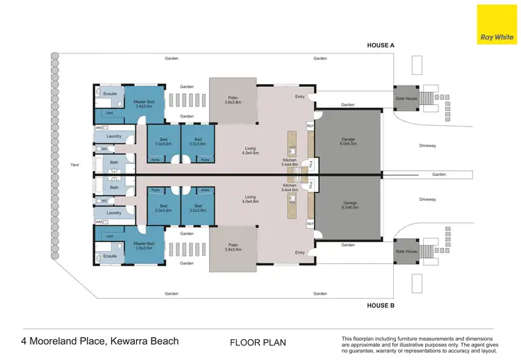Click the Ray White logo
[x=496, y=24]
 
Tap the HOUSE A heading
[x=381, y=45]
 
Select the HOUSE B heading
[x=381, y=304]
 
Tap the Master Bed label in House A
[x=144, y=104]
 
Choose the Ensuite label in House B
[x=110, y=256]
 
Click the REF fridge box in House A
[x=310, y=126]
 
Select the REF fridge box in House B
[x=310, y=223]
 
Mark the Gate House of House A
[x=405, y=98]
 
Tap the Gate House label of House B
[x=405, y=251]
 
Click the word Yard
[x=75, y=165]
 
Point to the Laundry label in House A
[x=114, y=136]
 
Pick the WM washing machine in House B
[x=99, y=222]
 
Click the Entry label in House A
[x=299, y=97]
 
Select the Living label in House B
[x=250, y=199]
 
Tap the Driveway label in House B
[x=427, y=199]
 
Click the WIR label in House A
[x=110, y=113]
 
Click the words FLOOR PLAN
[x=258, y=342]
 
